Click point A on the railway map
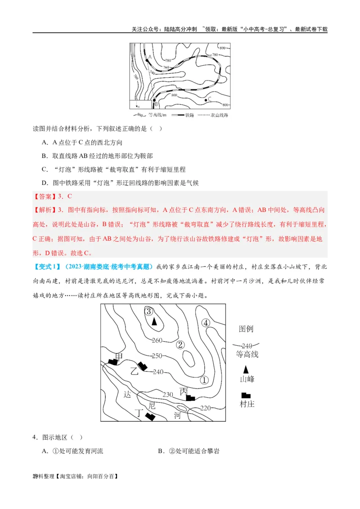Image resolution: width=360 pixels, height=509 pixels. click(147, 60)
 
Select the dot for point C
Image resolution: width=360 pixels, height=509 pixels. click(207, 99)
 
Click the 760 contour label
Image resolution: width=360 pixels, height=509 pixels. click(166, 67)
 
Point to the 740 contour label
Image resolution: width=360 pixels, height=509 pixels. click(152, 72)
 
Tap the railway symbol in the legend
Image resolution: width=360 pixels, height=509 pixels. click(179, 115)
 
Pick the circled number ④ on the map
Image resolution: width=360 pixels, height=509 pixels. click(206, 322)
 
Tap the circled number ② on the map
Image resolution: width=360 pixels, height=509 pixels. click(180, 345)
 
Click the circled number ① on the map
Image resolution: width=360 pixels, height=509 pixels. click(204, 380)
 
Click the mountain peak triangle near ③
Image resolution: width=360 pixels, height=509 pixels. click(154, 321)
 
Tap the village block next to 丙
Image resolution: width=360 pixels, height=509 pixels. click(191, 397)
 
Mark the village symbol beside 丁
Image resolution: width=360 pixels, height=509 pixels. click(150, 416)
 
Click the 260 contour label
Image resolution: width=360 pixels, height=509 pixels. click(157, 340)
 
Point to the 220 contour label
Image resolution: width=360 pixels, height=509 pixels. click(205, 408)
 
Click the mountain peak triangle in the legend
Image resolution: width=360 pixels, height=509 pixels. click(246, 369)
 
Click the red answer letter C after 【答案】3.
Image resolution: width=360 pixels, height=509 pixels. click(69, 196)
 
